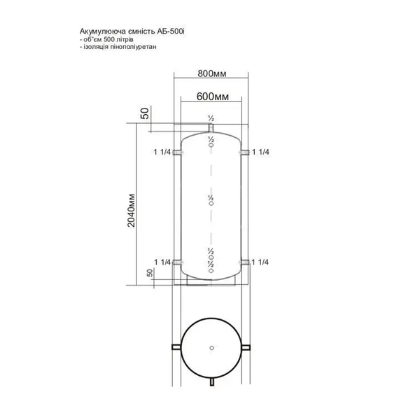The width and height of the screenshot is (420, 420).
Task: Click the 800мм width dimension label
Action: [x=212, y=73]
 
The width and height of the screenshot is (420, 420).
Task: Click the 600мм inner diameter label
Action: [x=213, y=97]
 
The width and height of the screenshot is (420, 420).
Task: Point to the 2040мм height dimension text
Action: [x=132, y=210]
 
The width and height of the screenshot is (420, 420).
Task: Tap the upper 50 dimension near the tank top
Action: [x=145, y=113]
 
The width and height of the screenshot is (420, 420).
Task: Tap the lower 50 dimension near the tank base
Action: [x=150, y=273]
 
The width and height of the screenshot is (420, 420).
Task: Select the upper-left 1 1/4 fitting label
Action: [x=162, y=152]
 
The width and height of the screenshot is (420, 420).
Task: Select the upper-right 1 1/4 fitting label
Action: [x=260, y=152]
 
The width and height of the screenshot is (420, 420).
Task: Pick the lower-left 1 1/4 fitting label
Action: [x=162, y=262]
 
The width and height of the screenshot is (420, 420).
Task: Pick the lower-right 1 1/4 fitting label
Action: [x=260, y=262]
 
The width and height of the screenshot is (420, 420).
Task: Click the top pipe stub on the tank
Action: [x=211, y=128]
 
